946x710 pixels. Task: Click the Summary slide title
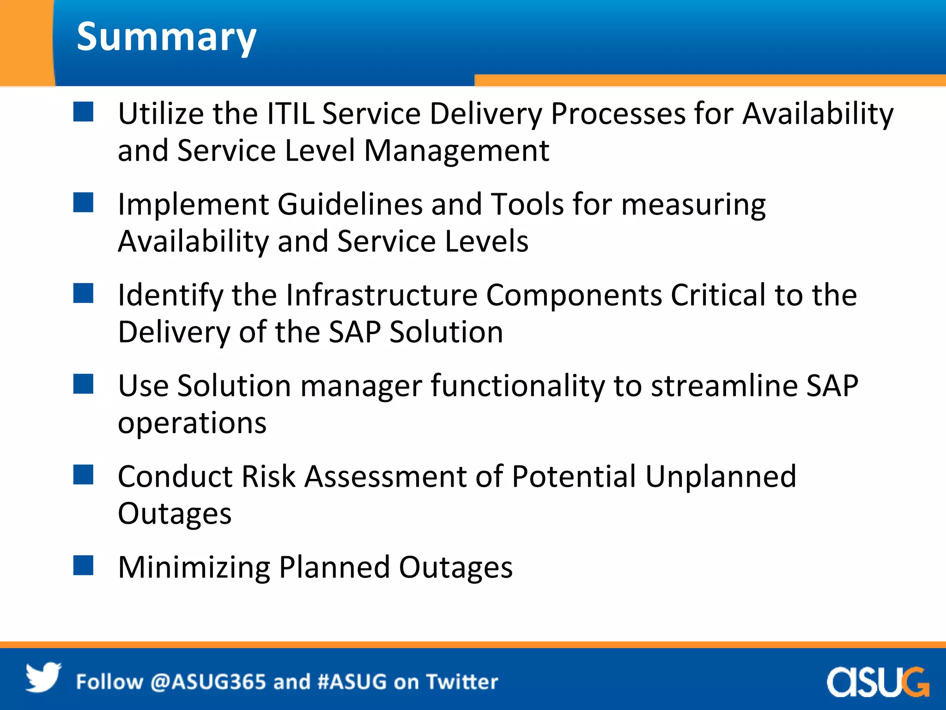tap(166, 37)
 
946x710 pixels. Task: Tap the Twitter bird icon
tap(43, 678)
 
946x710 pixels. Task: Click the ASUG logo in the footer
tap(878, 682)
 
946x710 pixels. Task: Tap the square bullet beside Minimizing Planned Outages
tap(84, 565)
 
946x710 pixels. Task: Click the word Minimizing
tap(194, 568)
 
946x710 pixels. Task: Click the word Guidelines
tap(350, 204)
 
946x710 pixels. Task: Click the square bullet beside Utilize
tap(84, 112)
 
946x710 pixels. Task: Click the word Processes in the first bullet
tap(618, 114)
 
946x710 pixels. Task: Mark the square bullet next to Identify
tap(84, 294)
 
